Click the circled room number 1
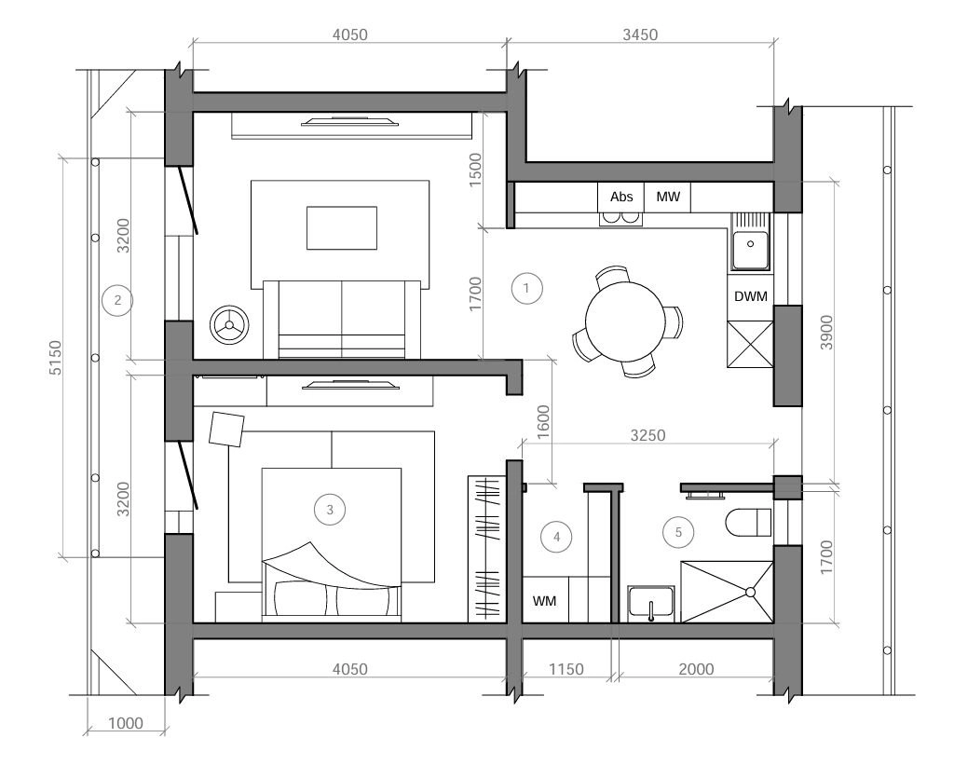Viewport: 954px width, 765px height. pyautogui.click(x=526, y=288)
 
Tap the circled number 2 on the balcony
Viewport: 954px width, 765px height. pyautogui.click(x=117, y=300)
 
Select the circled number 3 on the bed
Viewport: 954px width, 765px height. pyautogui.click(x=330, y=510)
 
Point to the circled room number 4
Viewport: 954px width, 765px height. pyautogui.click(x=556, y=537)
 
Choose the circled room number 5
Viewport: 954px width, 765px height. pyautogui.click(x=678, y=532)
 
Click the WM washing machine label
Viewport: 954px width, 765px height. pyautogui.click(x=544, y=601)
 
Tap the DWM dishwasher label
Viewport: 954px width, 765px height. pyautogui.click(x=751, y=296)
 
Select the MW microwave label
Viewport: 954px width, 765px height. pyautogui.click(x=668, y=197)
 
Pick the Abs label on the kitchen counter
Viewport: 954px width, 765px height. pyautogui.click(x=621, y=197)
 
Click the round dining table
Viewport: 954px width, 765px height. pyautogui.click(x=625, y=321)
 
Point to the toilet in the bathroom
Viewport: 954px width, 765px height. pyautogui.click(x=748, y=523)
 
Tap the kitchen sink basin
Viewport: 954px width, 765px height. pyautogui.click(x=750, y=250)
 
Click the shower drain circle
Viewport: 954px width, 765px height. pyautogui.click(x=750, y=592)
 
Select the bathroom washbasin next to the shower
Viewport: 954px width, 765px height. pyautogui.click(x=651, y=603)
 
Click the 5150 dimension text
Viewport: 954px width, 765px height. pyautogui.click(x=55, y=357)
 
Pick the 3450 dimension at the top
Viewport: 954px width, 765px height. pyautogui.click(x=640, y=34)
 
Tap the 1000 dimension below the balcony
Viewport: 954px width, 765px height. pyautogui.click(x=126, y=723)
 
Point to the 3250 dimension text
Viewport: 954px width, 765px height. pyautogui.click(x=647, y=435)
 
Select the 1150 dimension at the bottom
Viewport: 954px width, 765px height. pyautogui.click(x=566, y=669)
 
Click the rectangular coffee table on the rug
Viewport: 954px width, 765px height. pyautogui.click(x=341, y=227)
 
